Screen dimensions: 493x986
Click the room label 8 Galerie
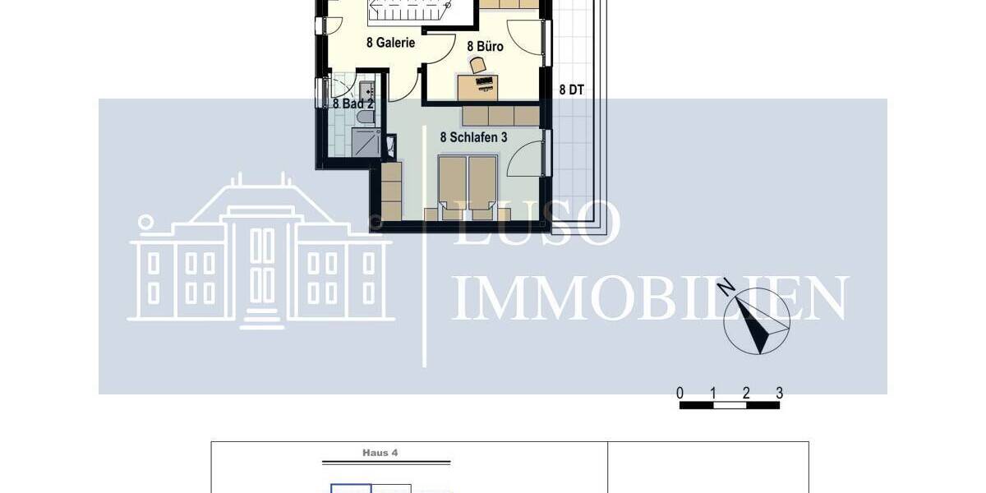coord(390,43)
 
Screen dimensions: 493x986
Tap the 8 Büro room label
coord(485,47)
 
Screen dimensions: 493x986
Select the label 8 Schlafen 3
coord(473,138)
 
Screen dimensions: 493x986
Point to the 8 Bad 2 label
coord(353,104)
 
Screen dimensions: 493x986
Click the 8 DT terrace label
coord(572,90)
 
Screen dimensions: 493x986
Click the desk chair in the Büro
coord(477,64)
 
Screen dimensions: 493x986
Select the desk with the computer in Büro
coord(477,85)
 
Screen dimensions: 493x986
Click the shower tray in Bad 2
coord(366,143)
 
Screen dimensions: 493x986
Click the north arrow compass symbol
coord(758,323)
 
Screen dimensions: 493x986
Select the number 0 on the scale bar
coord(680,393)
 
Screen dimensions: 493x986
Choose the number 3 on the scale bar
coord(779,393)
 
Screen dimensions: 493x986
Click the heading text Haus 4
coord(380,453)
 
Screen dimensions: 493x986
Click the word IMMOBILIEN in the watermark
coord(649,299)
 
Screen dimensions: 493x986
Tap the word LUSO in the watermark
coord(537,223)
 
